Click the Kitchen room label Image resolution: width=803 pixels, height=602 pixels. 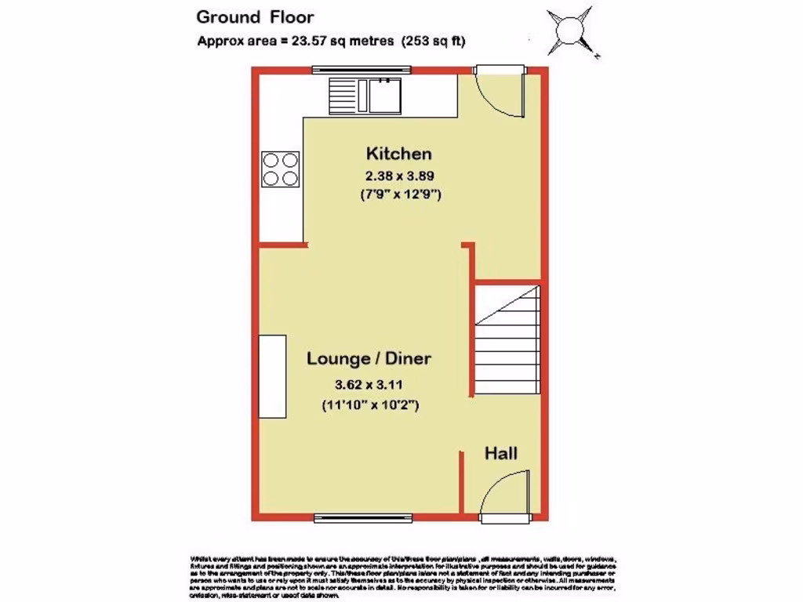(399, 153)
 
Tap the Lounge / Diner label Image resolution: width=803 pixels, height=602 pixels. (369, 359)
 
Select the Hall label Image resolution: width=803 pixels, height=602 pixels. (500, 453)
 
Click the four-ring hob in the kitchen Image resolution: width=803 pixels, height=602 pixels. (280, 168)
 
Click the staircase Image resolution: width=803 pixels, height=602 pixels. (507, 342)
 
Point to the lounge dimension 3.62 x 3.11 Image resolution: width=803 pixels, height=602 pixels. (369, 385)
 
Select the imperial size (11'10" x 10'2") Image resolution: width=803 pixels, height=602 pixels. (369, 405)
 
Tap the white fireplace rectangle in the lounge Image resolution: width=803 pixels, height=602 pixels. (273, 376)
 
